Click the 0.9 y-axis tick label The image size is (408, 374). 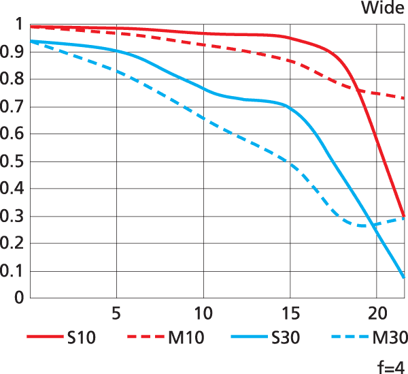click(14, 52)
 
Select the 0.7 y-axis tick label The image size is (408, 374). click(14, 107)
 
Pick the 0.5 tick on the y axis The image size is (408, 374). click(14, 161)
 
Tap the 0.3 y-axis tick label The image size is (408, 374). click(14, 217)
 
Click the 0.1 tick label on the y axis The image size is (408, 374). click(14, 271)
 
